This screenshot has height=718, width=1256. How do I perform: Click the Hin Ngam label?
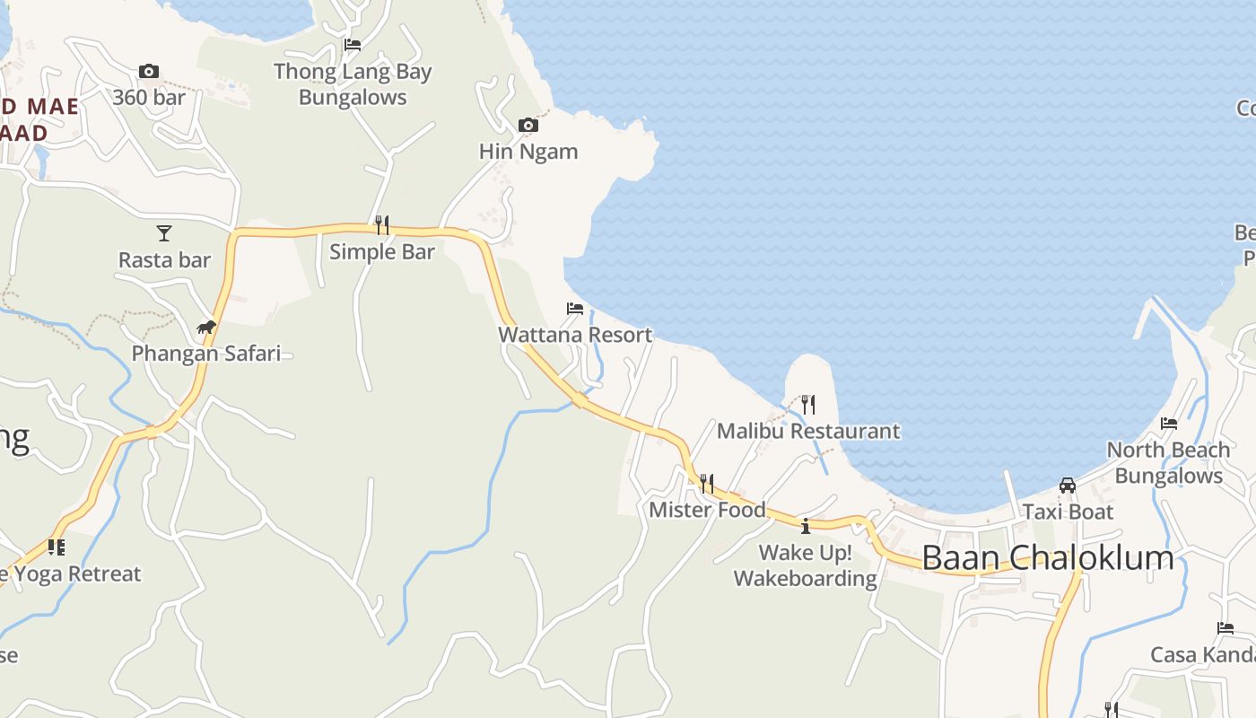(x=528, y=152)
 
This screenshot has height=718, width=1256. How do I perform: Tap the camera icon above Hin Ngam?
(x=528, y=125)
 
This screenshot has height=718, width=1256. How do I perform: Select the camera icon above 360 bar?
(x=149, y=71)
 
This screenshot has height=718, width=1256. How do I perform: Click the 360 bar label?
(x=149, y=98)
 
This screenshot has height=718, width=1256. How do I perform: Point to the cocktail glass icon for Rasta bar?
(x=164, y=233)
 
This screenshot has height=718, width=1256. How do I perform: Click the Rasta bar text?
(x=164, y=260)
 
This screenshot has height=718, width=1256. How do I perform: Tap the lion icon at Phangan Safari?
(x=206, y=327)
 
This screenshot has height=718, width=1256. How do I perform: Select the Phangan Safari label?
(x=206, y=354)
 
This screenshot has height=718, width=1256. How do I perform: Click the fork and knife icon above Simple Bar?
(x=382, y=224)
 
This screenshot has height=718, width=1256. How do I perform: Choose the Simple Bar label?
(x=382, y=252)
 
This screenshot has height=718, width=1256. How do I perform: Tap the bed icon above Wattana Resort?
(x=575, y=309)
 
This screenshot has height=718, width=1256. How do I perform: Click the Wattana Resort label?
(x=575, y=336)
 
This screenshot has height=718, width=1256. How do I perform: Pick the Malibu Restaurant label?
(x=807, y=432)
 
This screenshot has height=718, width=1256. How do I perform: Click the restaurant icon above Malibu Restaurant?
(x=807, y=404)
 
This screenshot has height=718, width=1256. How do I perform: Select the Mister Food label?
(x=707, y=511)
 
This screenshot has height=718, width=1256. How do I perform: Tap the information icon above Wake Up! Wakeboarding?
(x=806, y=526)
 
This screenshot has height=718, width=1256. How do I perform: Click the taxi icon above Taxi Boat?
(x=1068, y=486)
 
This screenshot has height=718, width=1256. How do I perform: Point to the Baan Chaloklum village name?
(x=1047, y=558)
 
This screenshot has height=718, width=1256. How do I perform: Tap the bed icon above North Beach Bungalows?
(x=1168, y=424)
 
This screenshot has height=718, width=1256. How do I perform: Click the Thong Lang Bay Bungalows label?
(x=353, y=84)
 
